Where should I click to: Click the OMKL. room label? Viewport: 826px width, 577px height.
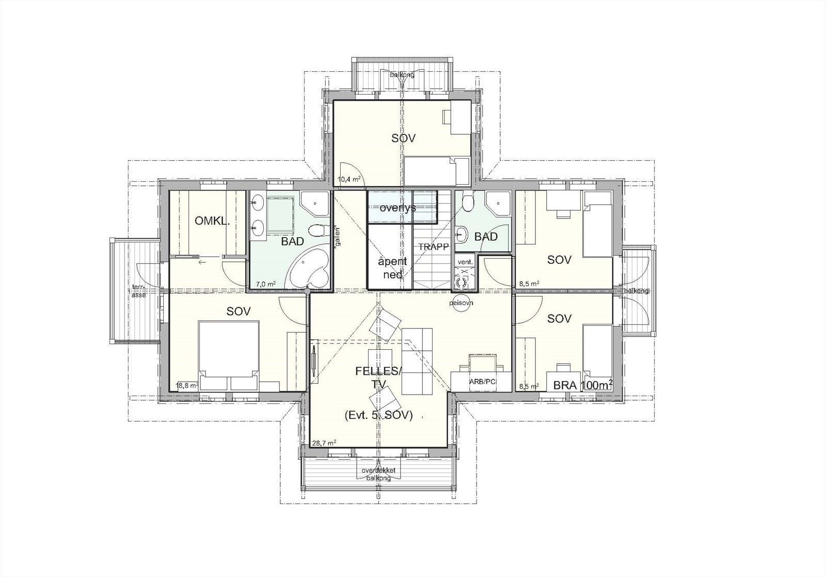(x=212, y=221)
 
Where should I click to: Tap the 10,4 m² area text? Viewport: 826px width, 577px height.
(x=349, y=180)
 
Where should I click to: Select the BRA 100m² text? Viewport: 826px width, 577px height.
(x=583, y=385)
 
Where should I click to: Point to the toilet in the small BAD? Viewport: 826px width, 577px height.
(x=468, y=200)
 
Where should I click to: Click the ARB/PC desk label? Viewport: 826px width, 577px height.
(x=482, y=382)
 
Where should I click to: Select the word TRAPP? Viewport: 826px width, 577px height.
(x=434, y=247)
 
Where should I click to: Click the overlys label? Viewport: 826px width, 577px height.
(x=398, y=208)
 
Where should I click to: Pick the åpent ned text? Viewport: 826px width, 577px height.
(x=393, y=268)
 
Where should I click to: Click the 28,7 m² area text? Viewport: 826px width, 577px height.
(x=324, y=443)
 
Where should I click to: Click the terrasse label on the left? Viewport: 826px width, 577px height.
(x=138, y=291)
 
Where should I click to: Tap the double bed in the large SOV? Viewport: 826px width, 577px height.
(x=229, y=351)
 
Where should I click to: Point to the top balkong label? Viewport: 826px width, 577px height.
(x=402, y=75)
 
